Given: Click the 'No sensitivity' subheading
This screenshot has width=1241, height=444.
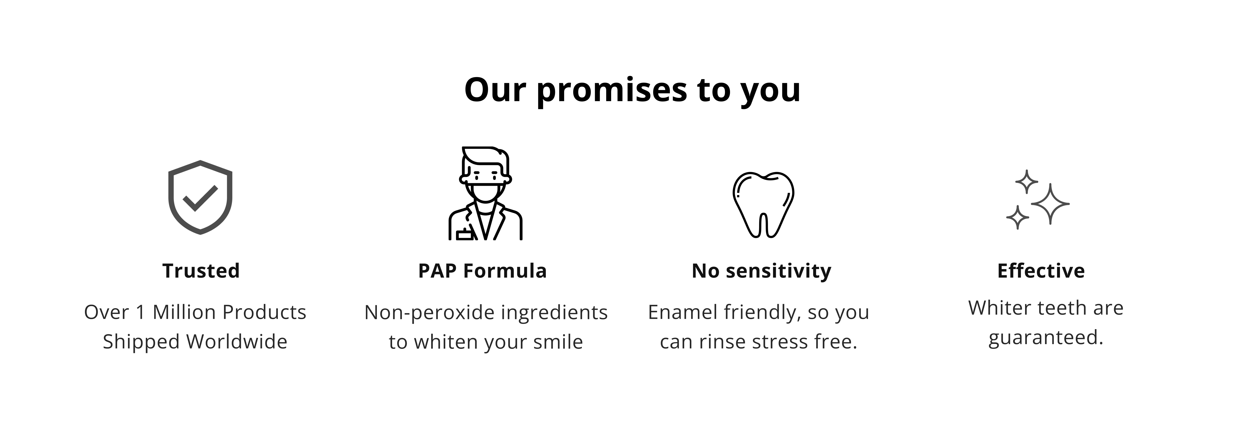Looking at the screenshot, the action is pyautogui.click(x=761, y=271).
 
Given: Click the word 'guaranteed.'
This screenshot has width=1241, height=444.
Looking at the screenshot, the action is pyautogui.click(x=1045, y=338).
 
